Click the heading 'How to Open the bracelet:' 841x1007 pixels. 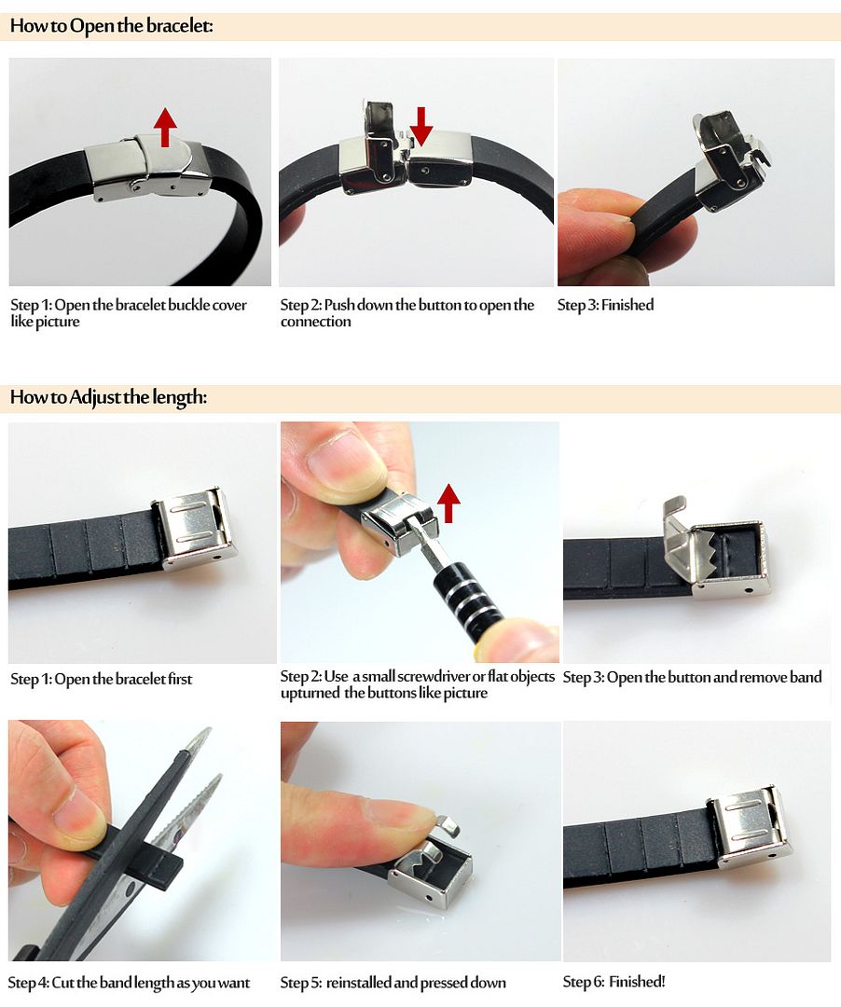(112, 26)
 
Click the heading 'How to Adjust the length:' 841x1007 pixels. (108, 397)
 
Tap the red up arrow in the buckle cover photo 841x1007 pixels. (165, 126)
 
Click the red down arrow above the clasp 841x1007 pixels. (421, 126)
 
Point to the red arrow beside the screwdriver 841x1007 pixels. (448, 504)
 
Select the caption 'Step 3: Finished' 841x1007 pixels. (605, 305)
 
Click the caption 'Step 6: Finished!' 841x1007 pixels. (614, 981)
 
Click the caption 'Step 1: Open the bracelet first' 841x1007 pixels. (102, 679)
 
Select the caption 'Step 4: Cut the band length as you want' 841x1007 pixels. (129, 984)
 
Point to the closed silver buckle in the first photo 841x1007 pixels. (147, 168)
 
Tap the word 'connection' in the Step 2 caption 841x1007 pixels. (316, 322)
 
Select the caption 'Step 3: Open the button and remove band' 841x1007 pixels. (692, 678)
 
